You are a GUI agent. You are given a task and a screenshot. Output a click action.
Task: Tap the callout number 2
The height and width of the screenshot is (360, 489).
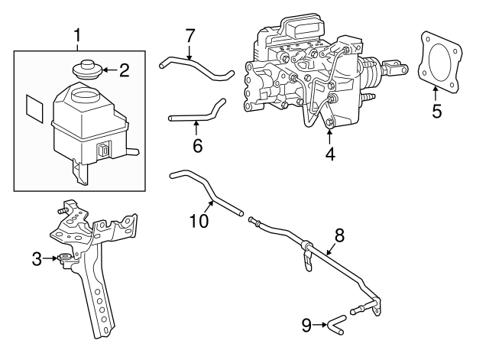[x=124, y=71]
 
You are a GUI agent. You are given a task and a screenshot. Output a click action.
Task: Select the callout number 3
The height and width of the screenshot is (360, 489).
[x=37, y=259]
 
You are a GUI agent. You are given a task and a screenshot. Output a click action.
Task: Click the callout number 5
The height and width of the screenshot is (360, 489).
[x=436, y=111]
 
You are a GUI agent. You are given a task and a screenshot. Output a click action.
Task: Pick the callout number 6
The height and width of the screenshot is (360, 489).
[x=197, y=144]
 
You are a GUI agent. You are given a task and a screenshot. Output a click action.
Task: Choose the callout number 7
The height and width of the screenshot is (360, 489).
[x=190, y=35]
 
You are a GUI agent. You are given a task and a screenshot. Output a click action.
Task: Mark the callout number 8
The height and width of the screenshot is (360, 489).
[x=339, y=235]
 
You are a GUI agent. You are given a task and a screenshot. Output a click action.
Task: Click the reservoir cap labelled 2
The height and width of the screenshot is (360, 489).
[x=86, y=67]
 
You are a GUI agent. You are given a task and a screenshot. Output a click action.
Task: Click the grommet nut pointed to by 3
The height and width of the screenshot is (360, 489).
[x=63, y=258]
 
